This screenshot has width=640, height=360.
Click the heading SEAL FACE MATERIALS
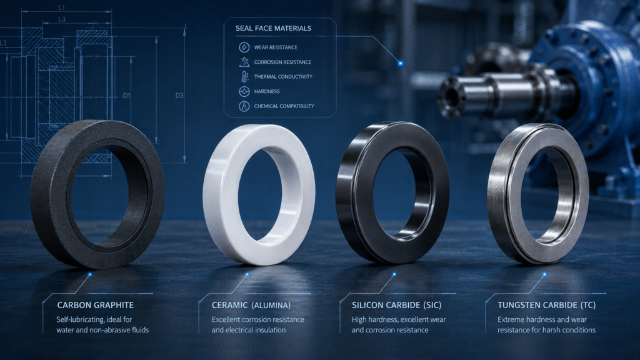(273, 28)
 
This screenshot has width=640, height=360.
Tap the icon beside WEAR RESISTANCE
(244, 47)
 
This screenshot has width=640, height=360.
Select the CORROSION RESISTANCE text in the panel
(282, 62)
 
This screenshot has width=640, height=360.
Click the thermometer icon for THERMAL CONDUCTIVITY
(244, 77)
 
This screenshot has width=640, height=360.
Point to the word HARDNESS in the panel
(266, 91)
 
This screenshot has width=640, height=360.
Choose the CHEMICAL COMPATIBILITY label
(284, 106)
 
